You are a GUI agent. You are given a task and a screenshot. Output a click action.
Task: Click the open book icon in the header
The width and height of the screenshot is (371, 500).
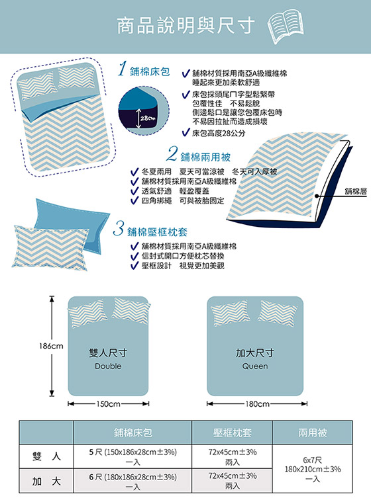(286, 26)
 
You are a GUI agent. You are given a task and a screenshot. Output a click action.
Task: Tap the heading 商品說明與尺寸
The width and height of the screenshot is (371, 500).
(185, 26)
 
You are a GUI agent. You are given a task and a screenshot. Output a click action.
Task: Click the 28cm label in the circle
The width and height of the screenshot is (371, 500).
(147, 118)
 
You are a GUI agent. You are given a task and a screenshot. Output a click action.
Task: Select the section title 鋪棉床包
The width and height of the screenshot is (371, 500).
(150, 71)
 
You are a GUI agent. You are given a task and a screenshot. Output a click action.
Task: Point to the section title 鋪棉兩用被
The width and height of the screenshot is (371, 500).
(205, 157)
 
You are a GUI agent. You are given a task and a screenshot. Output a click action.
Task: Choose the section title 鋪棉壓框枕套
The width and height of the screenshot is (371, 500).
(157, 232)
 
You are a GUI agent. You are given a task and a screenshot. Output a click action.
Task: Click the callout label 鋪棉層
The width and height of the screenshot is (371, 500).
(356, 191)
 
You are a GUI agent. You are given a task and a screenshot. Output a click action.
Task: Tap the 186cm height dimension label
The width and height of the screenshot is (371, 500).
(51, 346)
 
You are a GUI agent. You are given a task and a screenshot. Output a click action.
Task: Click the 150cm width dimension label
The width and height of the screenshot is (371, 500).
(109, 404)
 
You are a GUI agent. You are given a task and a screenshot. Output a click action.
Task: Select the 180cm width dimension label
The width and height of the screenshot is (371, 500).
(257, 404)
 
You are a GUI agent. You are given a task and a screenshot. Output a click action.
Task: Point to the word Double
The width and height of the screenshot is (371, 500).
(108, 366)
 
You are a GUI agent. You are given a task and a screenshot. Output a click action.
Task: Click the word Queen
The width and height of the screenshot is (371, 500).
(255, 366)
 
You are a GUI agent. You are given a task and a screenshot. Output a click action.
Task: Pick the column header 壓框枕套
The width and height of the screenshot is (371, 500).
(233, 433)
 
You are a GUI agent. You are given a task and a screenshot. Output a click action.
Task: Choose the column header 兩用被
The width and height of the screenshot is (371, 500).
(313, 433)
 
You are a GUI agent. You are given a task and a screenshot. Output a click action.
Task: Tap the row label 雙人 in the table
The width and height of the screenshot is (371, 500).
(46, 456)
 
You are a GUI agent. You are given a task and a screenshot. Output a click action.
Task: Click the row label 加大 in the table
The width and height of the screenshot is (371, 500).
(46, 481)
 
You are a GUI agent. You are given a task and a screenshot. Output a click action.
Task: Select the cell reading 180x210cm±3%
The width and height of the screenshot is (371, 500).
(313, 470)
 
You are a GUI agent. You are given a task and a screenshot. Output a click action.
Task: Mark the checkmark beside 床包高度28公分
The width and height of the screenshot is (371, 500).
(185, 132)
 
